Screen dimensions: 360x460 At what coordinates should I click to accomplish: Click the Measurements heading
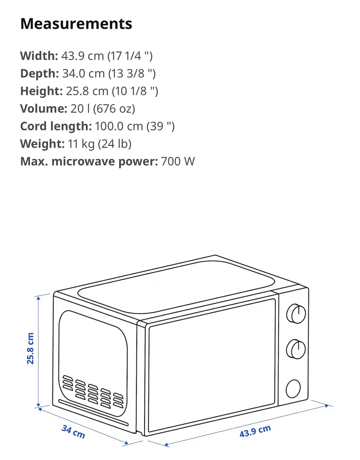[76, 24]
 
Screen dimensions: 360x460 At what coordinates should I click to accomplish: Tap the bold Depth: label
[39, 73]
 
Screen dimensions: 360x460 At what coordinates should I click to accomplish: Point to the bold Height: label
[42, 91]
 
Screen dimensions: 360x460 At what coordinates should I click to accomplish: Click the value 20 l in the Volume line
[80, 109]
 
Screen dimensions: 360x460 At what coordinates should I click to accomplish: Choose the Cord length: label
[56, 126]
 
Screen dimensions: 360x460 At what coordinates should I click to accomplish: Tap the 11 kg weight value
[81, 144]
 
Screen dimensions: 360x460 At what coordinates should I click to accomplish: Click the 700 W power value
[178, 161]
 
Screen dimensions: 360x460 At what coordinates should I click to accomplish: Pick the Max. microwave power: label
[89, 161]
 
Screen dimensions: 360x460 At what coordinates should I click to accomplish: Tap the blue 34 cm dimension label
[73, 432]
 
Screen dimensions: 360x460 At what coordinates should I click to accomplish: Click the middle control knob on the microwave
[296, 349]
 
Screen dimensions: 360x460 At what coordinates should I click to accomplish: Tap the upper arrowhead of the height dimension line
[38, 298]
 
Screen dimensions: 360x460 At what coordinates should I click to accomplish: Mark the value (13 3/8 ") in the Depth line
[132, 73]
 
